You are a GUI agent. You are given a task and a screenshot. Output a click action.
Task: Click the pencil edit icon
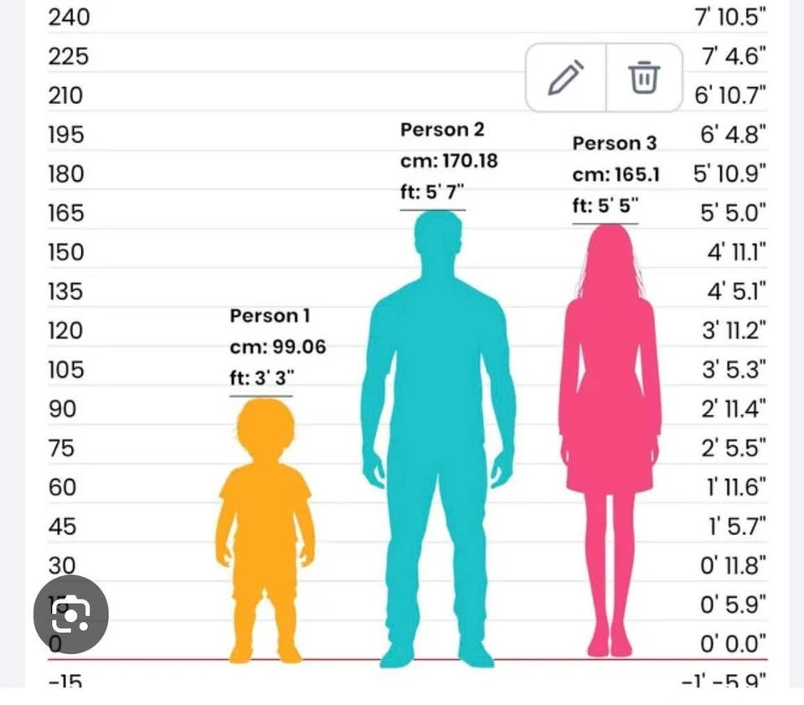565,78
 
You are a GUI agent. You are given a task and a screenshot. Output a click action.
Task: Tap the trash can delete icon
644,78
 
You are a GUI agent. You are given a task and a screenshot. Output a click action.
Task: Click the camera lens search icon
70,615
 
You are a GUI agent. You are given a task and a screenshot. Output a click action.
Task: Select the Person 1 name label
270,316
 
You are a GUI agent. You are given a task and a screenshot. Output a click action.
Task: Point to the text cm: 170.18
449,161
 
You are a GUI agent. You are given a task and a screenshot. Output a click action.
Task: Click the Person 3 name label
615,143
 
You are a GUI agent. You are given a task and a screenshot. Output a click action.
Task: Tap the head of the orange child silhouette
265,427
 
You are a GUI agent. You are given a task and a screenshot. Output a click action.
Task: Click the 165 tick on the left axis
66,213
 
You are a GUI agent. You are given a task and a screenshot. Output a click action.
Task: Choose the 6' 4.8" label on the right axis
730,135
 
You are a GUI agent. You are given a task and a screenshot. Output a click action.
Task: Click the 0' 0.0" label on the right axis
734,644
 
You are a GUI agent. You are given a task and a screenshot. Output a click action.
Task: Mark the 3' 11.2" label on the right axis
734,331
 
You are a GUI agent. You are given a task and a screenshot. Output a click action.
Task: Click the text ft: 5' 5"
605,207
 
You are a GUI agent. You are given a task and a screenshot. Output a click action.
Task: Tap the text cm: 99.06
278,347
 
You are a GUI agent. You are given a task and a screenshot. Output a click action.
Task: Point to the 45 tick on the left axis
61,527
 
